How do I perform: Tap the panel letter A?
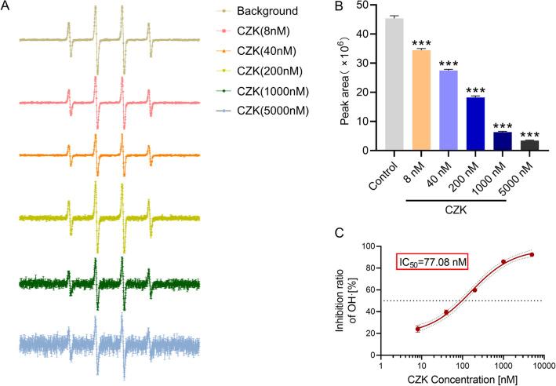coord(6,8)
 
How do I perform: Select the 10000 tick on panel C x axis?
coord(552,364)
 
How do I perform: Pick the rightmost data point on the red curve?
coord(532,254)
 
